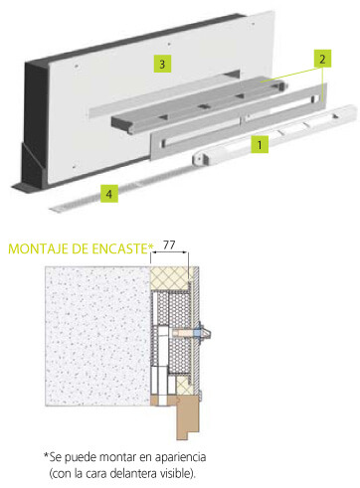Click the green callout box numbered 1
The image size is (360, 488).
[x=260, y=144]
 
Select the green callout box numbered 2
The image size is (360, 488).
[x=322, y=59]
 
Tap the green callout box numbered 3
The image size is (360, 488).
[x=162, y=64]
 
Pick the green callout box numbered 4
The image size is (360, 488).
[x=109, y=194]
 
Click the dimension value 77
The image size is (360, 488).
[x=169, y=245]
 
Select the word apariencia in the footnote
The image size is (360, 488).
[x=180, y=457]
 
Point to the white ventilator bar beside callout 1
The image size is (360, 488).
[x=275, y=134]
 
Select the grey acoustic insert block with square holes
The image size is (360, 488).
[x=199, y=105]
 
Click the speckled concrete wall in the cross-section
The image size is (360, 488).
[x=97, y=336]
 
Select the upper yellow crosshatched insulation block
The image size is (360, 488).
[x=170, y=278]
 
